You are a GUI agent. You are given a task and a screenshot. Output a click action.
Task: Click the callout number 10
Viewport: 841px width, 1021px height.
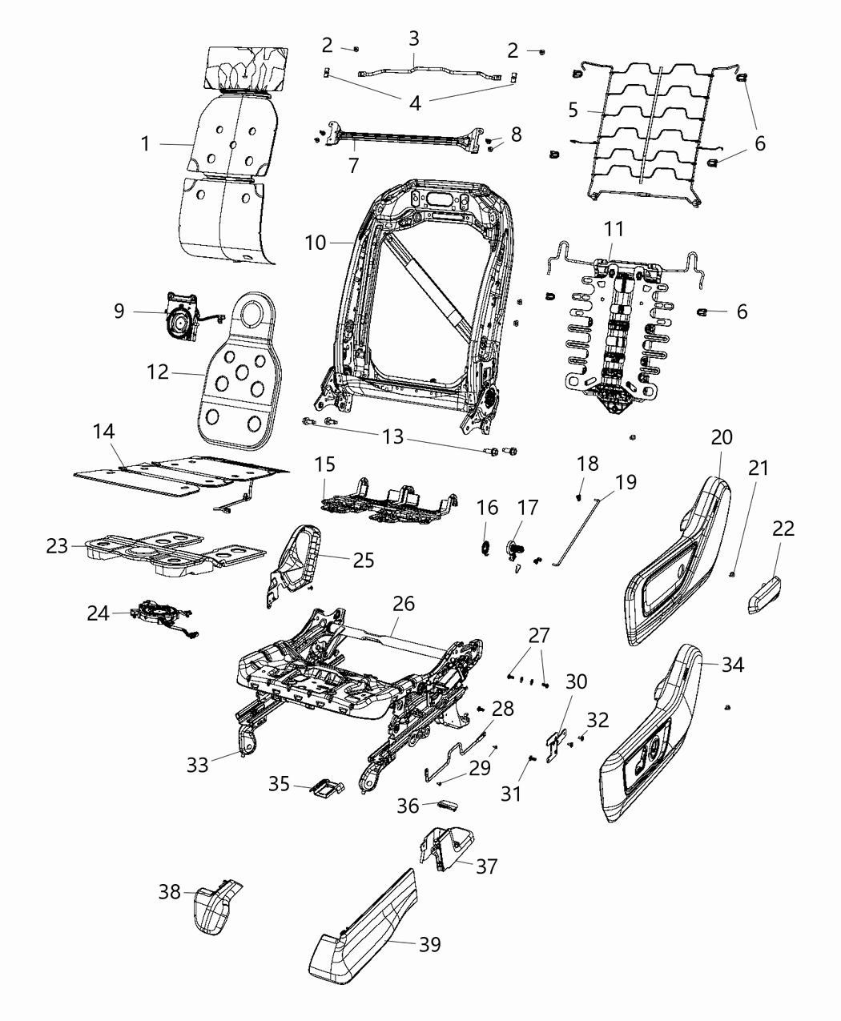coord(316,242)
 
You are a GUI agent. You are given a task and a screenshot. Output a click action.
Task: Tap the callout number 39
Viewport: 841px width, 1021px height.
coord(429,945)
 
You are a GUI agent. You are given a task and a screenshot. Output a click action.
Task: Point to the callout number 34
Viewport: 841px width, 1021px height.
coord(732,664)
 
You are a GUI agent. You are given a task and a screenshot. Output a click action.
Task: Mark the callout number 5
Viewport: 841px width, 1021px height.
coord(573,110)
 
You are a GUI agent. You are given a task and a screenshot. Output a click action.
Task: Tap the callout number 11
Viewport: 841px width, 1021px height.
coord(614,229)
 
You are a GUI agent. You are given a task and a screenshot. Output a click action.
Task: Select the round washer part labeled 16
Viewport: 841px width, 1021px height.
coord(485,547)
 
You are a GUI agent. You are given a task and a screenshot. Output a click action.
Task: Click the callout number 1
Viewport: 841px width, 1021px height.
coord(145,144)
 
